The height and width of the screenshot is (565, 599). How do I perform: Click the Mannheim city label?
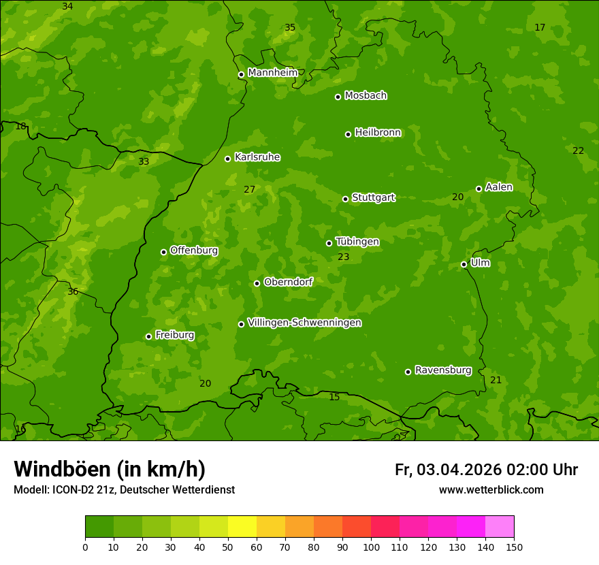click(273, 73)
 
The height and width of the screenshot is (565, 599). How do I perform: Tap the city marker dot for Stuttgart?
click(345, 199)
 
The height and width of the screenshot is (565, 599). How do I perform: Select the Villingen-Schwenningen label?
click(304, 323)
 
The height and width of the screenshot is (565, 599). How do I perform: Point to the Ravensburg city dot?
click(408, 372)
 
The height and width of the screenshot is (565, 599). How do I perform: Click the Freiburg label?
click(175, 335)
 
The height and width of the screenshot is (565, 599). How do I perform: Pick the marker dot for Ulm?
click(464, 264)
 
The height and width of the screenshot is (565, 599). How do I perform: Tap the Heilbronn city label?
click(378, 133)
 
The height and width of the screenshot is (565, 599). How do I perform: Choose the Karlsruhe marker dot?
click(227, 159)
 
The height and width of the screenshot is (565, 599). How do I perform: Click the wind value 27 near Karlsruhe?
click(249, 190)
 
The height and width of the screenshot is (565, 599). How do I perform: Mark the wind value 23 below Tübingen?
click(343, 257)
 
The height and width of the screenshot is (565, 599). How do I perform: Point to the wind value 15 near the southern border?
click(334, 398)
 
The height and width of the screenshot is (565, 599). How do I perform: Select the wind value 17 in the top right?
click(540, 28)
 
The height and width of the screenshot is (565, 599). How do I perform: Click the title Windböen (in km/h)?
click(110, 469)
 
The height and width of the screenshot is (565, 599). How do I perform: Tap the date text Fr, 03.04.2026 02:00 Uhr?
click(486, 470)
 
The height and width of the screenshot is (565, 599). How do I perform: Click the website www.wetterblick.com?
click(491, 490)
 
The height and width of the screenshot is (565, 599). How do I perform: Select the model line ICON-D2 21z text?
click(124, 490)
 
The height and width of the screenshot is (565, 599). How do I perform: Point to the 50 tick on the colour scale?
click(228, 547)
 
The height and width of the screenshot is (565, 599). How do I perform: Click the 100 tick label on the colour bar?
click(371, 547)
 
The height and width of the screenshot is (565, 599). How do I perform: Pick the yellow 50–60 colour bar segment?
click(242, 527)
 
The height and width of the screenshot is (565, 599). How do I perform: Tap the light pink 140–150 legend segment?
click(500, 527)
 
